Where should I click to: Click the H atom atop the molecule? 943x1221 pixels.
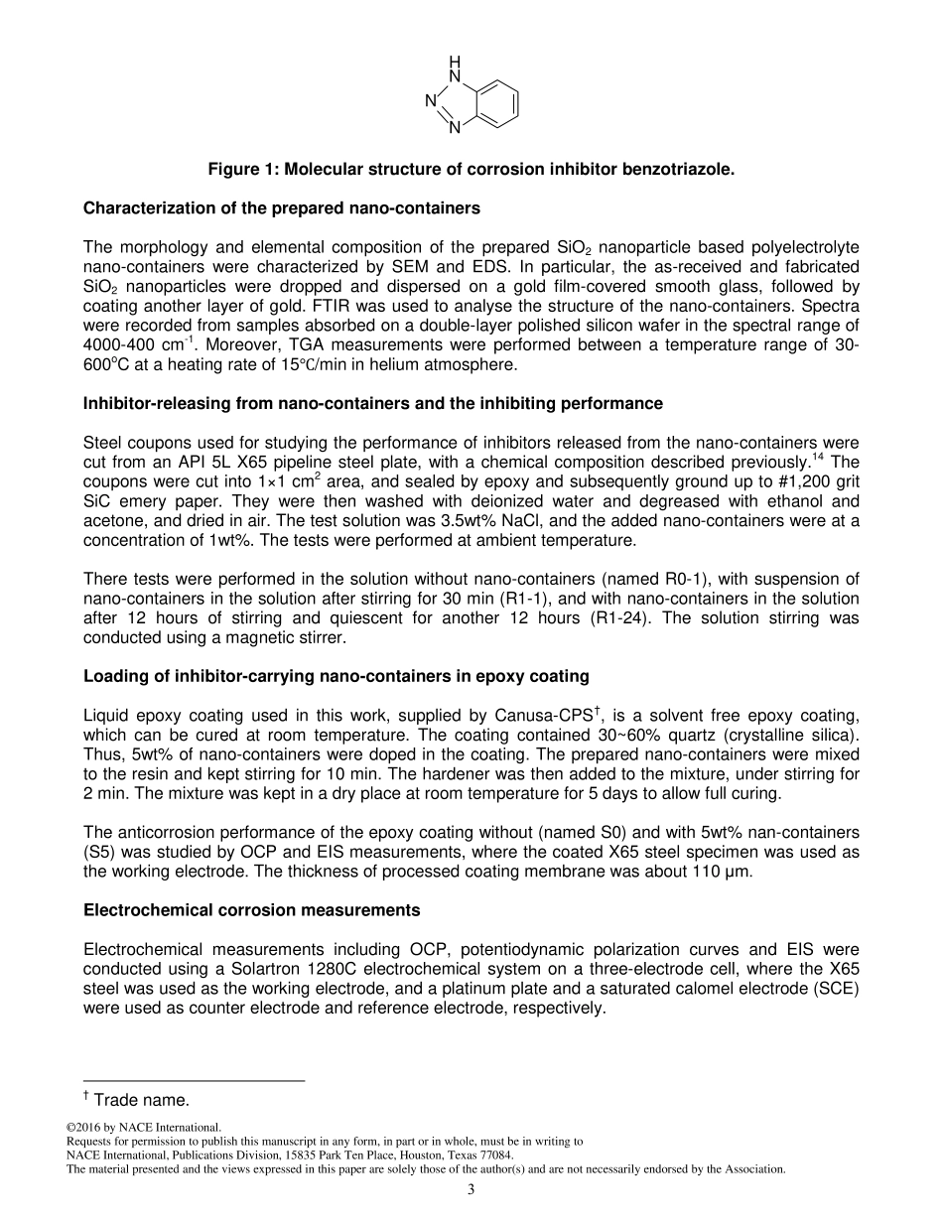[455, 61]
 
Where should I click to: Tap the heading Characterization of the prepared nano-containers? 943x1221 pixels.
[282, 208]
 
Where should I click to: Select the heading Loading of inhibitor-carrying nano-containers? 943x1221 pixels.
[336, 676]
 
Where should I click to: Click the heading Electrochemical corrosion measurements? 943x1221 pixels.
[252, 910]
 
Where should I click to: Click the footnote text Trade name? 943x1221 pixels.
[141, 1099]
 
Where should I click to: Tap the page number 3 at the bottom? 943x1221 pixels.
[471, 1191]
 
